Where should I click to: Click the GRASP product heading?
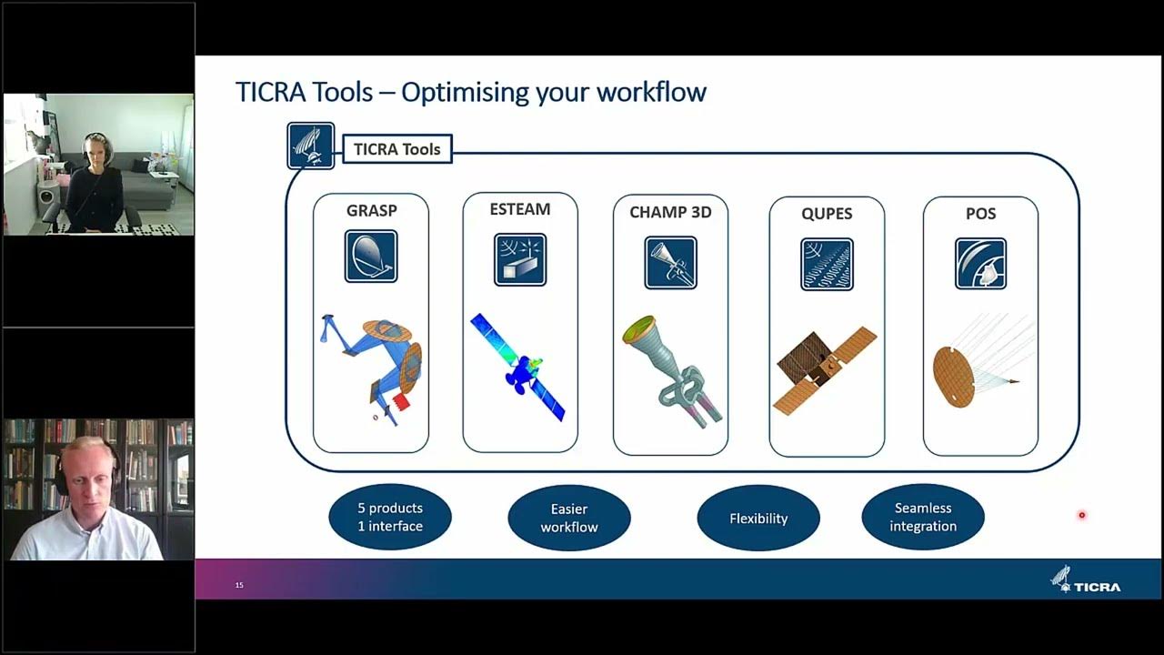click(x=371, y=211)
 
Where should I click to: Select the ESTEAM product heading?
click(x=520, y=209)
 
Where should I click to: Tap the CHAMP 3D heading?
click(x=670, y=212)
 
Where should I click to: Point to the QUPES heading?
click(x=827, y=214)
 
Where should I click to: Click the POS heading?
click(x=980, y=214)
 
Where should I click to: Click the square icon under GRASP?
click(x=371, y=257)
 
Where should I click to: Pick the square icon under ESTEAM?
click(x=520, y=260)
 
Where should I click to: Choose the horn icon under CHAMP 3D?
click(x=670, y=263)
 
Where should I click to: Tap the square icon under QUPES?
click(x=827, y=264)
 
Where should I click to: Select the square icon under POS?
click(x=980, y=264)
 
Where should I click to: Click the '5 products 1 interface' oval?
click(x=390, y=517)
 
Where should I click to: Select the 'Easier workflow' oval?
click(x=569, y=518)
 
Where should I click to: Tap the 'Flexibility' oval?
click(x=758, y=519)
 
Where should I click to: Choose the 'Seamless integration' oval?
click(x=923, y=517)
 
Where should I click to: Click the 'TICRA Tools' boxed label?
click(x=396, y=149)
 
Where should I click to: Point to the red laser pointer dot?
click(x=1082, y=515)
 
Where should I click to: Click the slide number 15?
click(x=239, y=585)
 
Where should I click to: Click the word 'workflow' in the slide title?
click(x=654, y=92)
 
